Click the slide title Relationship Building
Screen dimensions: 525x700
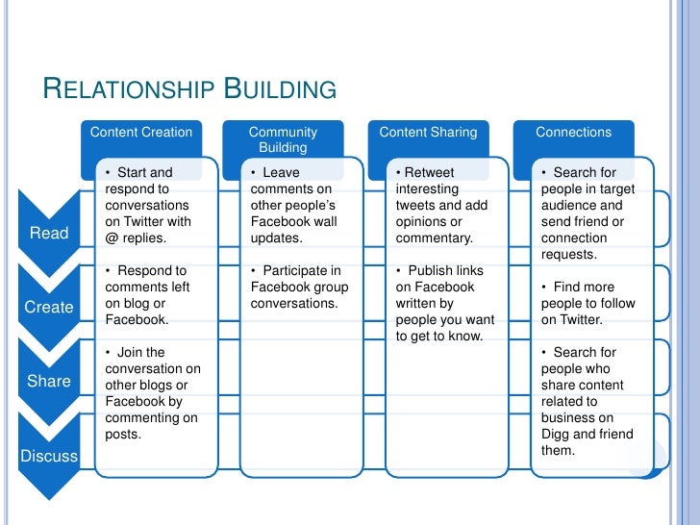[x=189, y=90]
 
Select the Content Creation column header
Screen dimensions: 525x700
[x=140, y=133]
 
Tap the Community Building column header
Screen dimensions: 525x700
[x=283, y=139]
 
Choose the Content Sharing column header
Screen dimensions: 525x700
[x=428, y=133]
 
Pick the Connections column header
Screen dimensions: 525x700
[x=573, y=133]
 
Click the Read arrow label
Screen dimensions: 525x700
[x=49, y=233]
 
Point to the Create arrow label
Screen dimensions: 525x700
[x=49, y=308]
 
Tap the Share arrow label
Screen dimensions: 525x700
[x=49, y=381]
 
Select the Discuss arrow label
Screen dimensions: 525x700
[x=49, y=456]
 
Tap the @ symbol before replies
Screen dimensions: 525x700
[x=112, y=237]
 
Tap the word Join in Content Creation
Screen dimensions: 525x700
[x=130, y=353]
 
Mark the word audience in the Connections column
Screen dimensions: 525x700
[x=568, y=206]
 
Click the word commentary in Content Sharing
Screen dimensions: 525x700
[x=434, y=237]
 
